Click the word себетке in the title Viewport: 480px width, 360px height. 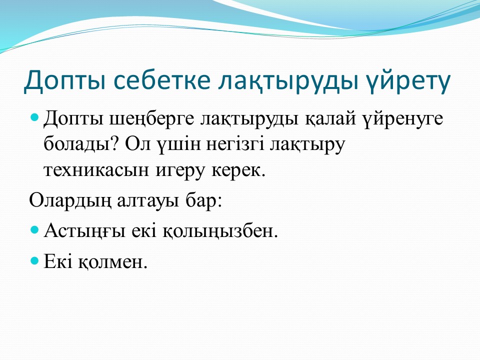click(x=162, y=80)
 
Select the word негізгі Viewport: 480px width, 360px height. click(x=235, y=144)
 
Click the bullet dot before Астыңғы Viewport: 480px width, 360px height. click(x=35, y=229)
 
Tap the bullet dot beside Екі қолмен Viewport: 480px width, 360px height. click(x=35, y=260)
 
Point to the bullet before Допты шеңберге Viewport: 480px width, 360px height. click(x=35, y=117)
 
